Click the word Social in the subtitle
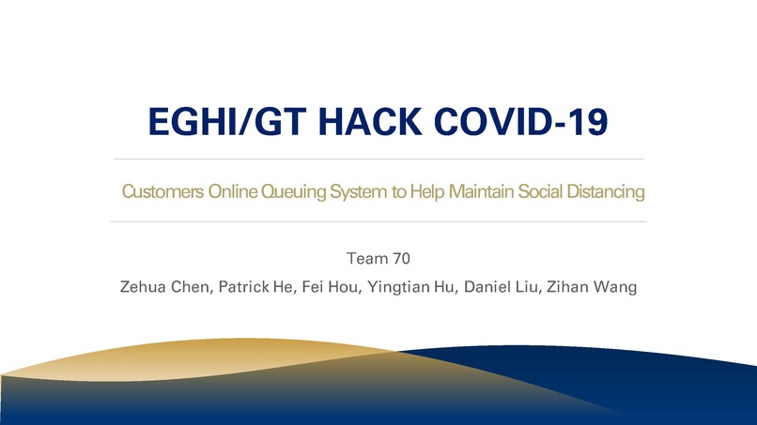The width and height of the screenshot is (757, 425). (x=532, y=193)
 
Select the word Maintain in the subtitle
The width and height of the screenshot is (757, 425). (x=472, y=193)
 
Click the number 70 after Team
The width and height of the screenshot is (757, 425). (x=400, y=255)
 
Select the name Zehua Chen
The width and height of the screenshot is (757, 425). (x=165, y=285)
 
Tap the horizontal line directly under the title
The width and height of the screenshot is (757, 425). (x=378, y=159)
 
